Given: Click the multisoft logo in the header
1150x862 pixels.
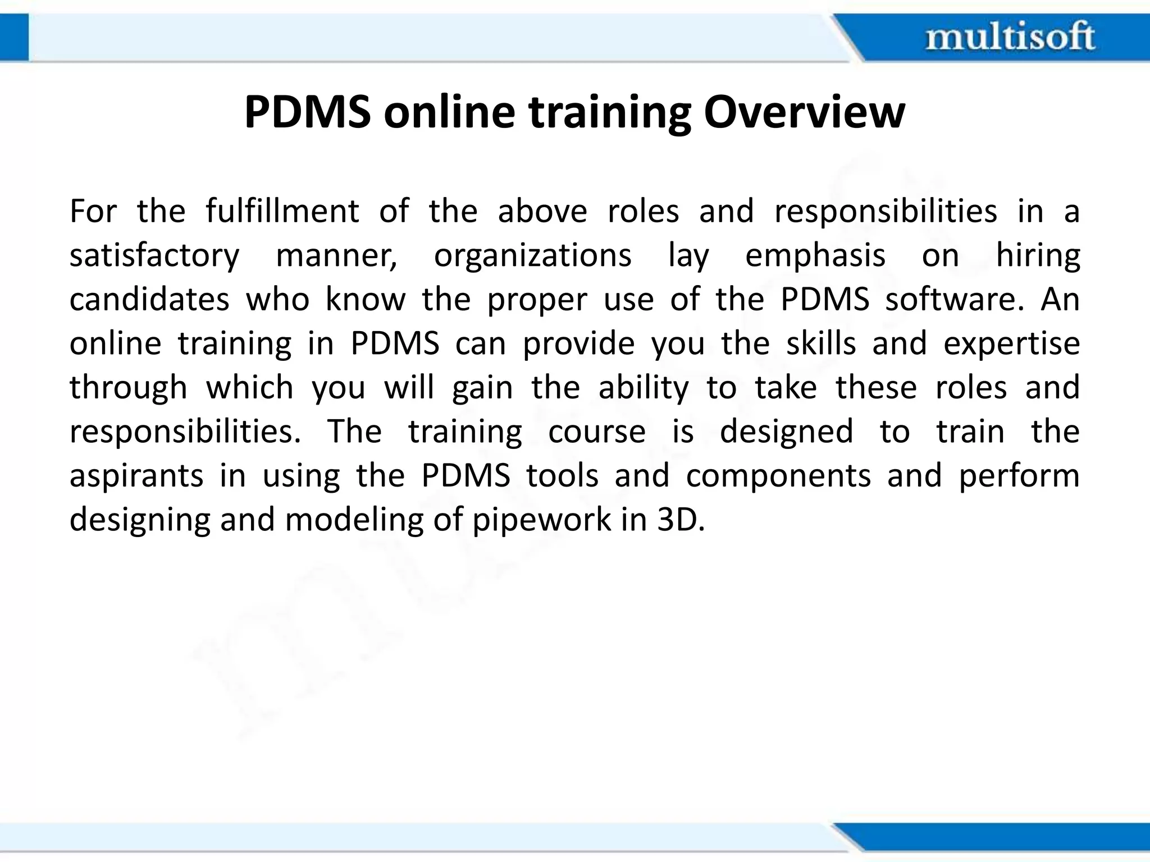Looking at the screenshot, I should (1010, 38).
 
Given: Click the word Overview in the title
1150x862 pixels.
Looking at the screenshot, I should (804, 112).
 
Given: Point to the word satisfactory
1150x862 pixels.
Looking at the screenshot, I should (154, 255).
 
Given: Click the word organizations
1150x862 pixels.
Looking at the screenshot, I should (533, 255).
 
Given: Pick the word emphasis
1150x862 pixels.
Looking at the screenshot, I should (815, 255).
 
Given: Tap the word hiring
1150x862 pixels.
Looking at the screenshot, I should (1038, 255).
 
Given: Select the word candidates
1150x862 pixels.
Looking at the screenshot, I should (149, 299).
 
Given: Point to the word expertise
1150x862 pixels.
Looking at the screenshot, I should (1011, 343).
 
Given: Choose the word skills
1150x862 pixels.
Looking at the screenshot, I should (821, 343).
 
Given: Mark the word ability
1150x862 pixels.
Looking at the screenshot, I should (644, 387).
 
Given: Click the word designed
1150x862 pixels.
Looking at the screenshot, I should (786, 432).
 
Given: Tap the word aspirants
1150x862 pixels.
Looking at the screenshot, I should (136, 476).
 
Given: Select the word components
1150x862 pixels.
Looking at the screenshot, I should (778, 476).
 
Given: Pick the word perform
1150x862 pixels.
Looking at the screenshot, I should (1019, 476).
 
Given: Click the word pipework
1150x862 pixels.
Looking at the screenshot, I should (541, 520).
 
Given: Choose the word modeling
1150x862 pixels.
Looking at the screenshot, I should (354, 520).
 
